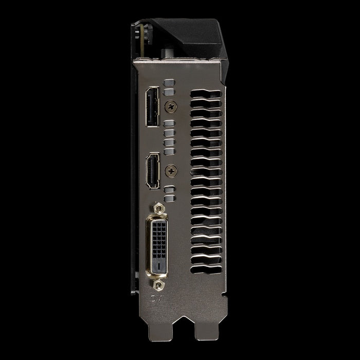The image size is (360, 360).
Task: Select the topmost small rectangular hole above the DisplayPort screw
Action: tap(168, 82)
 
